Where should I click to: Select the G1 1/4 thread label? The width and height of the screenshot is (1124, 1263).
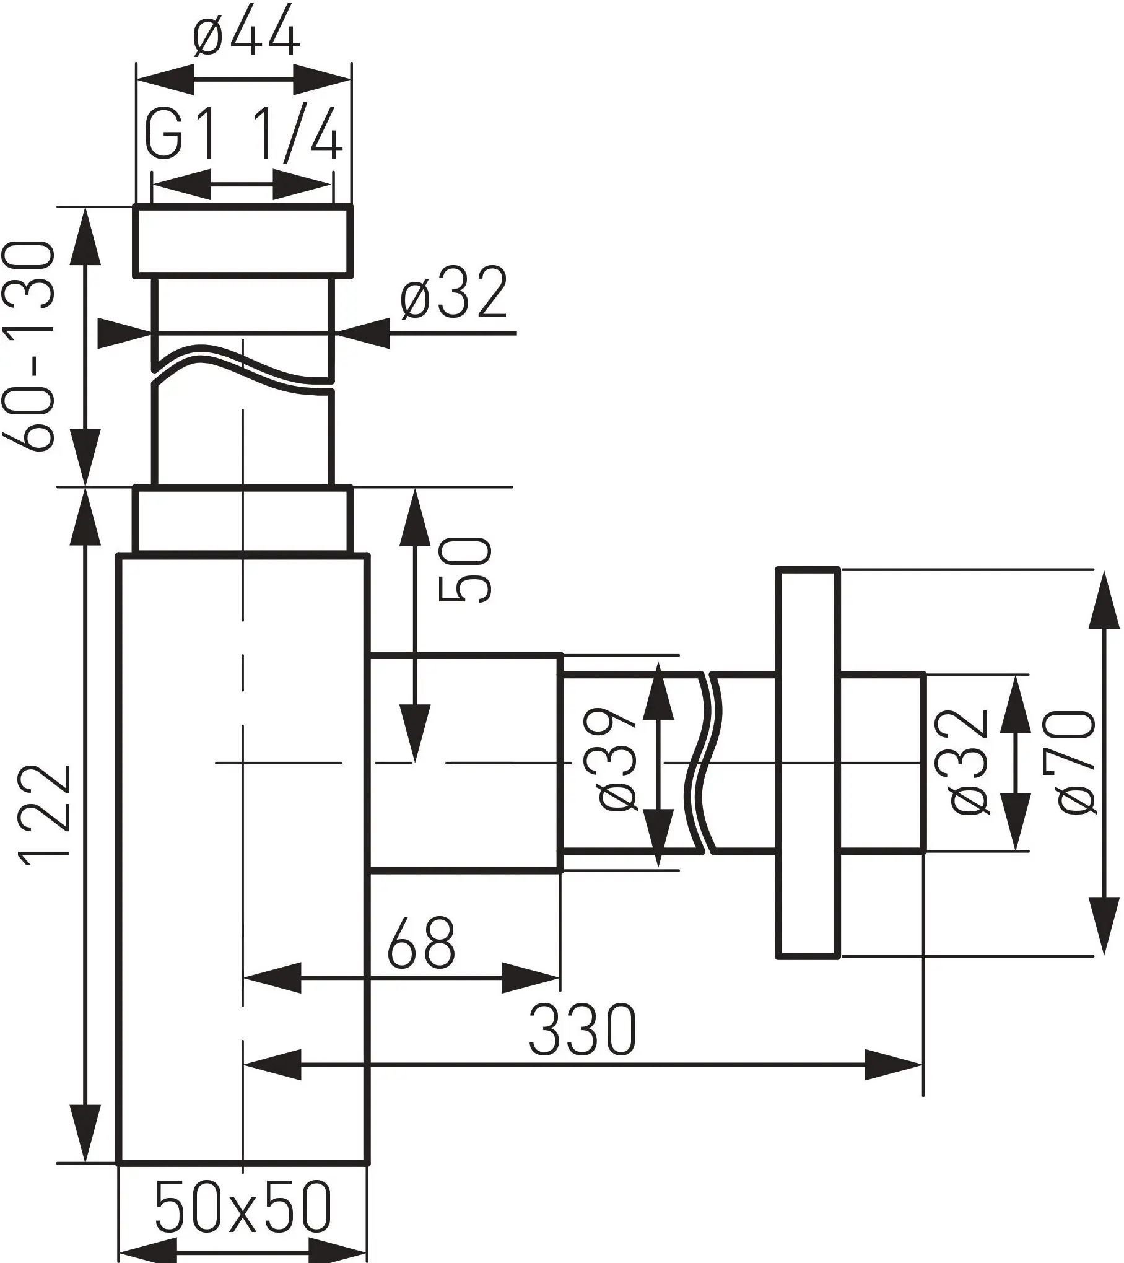[x=243, y=136]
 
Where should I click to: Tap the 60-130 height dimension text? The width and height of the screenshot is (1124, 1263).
[x=28, y=345]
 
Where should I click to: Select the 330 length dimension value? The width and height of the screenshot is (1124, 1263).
[x=582, y=1030]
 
